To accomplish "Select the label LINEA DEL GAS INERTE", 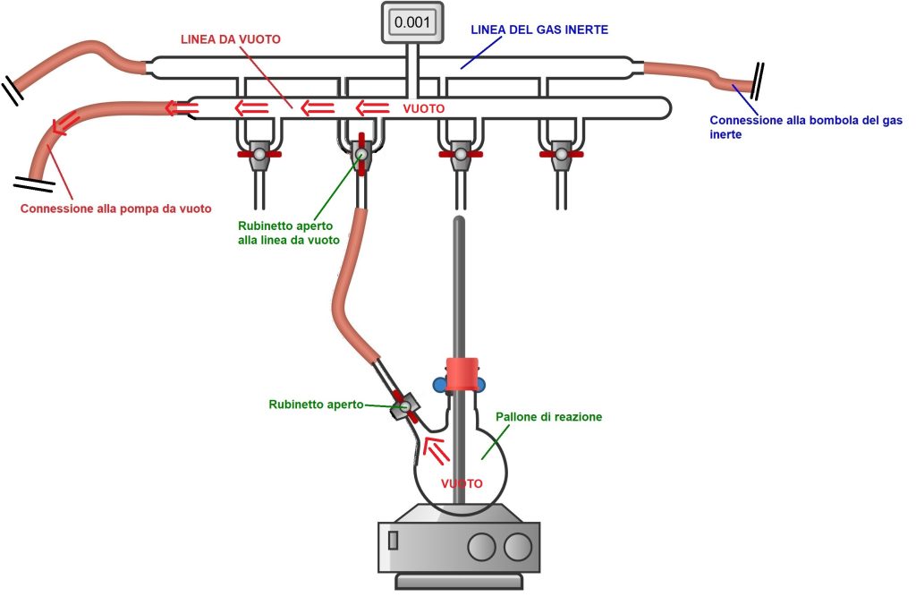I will click(x=539, y=30).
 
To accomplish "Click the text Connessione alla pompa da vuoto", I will click(x=116, y=209).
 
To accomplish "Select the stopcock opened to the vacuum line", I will click(x=360, y=154).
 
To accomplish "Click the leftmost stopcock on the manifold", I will click(x=259, y=154).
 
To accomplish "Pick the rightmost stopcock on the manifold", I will click(x=560, y=154).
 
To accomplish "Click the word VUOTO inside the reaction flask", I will click(x=462, y=483).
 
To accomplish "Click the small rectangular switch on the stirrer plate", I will click(x=394, y=541).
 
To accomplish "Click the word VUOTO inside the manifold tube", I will click(x=424, y=108).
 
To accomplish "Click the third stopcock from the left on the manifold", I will click(x=459, y=154).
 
